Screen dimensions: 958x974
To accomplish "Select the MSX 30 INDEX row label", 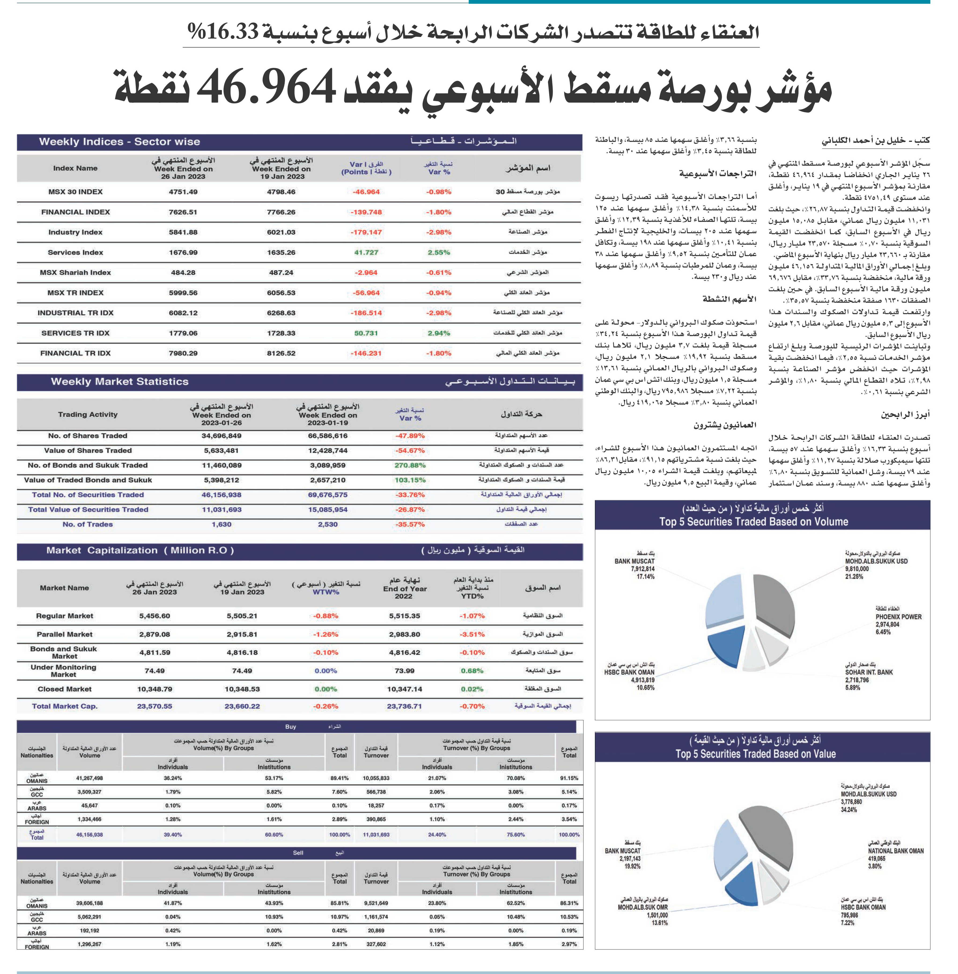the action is click(75, 192).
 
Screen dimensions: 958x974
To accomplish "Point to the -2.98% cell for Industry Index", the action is click(439, 232).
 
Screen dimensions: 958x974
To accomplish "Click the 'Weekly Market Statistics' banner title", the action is click(120, 382).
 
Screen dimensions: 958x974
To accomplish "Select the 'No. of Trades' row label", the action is click(88, 524).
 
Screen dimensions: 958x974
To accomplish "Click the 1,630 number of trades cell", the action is click(221, 524).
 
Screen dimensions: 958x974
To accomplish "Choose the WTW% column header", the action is click(326, 592).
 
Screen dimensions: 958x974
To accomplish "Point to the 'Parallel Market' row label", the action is click(64, 634).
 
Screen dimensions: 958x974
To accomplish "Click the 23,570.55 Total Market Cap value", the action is click(155, 706).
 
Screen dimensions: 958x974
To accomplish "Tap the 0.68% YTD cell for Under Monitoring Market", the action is click(472, 671).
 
